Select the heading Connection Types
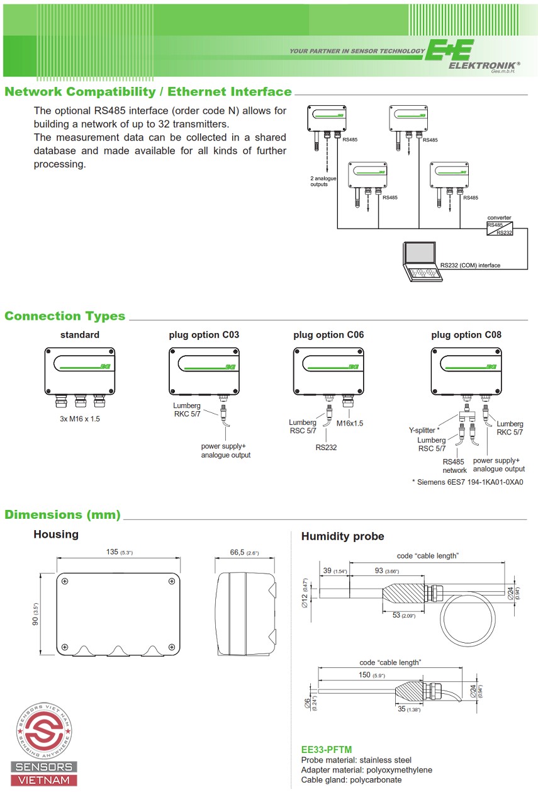pyautogui.click(x=65, y=316)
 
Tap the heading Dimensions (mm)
pyautogui.click(x=62, y=514)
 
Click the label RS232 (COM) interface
pyautogui.click(x=470, y=265)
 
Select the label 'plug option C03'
pyautogui.click(x=204, y=335)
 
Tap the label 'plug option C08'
pyautogui.click(x=466, y=335)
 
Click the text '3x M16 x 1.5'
pyautogui.click(x=76, y=419)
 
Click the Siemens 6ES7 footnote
pyautogui.click(x=468, y=482)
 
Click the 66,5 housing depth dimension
pyautogui.click(x=244, y=552)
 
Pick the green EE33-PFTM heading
pyautogui.click(x=327, y=749)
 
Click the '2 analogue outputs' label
pyautogui.click(x=323, y=181)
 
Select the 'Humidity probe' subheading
pyautogui.click(x=342, y=536)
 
